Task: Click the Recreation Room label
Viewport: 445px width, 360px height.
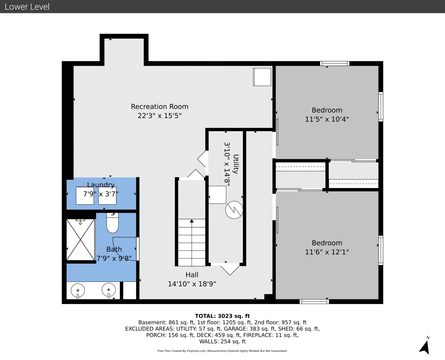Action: [160, 107]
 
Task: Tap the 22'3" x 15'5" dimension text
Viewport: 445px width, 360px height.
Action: [160, 116]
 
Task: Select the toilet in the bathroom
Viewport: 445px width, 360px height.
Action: [113, 223]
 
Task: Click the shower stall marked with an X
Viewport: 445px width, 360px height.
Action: [80, 239]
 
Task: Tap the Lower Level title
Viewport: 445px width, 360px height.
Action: [27, 7]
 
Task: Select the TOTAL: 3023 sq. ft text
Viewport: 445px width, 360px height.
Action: [222, 316]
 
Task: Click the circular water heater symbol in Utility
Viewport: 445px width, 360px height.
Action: [234, 210]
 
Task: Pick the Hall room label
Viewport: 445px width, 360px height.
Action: [192, 275]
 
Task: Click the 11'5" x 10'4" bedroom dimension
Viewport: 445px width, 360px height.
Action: [327, 119]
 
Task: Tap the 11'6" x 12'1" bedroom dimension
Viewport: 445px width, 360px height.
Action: [327, 252]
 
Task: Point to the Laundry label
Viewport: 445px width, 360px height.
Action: [101, 185]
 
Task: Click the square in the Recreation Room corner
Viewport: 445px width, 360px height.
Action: [262, 77]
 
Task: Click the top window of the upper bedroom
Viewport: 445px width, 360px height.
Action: [335, 63]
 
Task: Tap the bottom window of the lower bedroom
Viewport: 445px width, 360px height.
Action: [314, 301]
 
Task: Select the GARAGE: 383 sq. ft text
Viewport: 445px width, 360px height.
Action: [249, 329]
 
